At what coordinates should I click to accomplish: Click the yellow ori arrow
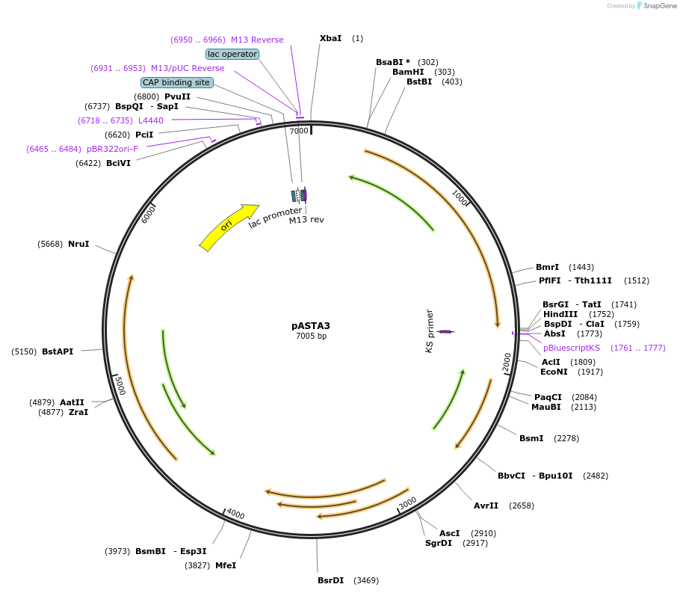[227, 226]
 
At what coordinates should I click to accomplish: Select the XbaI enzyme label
[330, 38]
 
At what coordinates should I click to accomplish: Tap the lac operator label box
[232, 54]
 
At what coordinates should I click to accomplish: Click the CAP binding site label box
[176, 82]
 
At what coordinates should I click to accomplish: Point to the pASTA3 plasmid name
[311, 326]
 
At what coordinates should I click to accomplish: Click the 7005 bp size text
[311, 337]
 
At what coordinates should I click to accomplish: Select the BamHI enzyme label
[408, 72]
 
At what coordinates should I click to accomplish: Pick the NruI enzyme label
[78, 244]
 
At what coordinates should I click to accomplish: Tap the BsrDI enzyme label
[330, 580]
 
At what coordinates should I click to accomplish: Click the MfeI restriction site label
[226, 565]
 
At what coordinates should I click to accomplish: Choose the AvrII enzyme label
[486, 506]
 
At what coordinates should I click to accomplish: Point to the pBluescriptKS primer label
[572, 348]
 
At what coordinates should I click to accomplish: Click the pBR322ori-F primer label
[112, 149]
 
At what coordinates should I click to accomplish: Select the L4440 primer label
[151, 120]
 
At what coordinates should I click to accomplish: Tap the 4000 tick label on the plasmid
[235, 514]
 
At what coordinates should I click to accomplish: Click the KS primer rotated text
[430, 331]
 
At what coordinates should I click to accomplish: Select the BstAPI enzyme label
[58, 351]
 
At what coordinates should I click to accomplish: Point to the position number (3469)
[366, 580]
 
